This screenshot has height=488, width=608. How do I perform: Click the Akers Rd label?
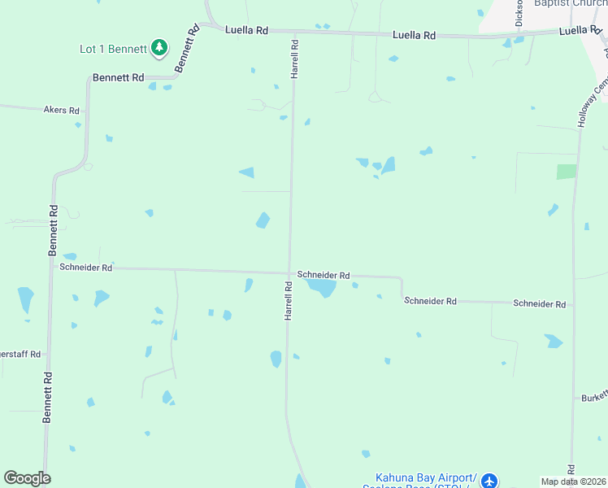point(62,110)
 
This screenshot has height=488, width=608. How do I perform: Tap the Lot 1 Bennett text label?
point(112,49)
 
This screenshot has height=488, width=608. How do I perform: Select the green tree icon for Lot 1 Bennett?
point(160,49)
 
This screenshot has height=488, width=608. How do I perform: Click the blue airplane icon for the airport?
point(489,481)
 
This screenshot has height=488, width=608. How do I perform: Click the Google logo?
point(27,478)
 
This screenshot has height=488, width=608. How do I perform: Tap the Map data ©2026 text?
point(574,481)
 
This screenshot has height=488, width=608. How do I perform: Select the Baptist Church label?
point(569,3)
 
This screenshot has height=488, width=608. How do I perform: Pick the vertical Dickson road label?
point(519,14)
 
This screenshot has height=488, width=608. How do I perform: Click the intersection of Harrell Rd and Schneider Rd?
point(290,274)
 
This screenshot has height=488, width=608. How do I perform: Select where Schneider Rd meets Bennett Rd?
point(52,266)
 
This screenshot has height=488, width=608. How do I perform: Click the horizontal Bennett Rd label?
point(118,78)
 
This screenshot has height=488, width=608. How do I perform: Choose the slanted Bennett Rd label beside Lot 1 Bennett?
point(186,49)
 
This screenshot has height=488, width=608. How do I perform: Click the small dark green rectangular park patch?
point(567,172)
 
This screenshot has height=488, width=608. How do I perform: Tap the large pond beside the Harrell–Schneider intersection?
point(323,288)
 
